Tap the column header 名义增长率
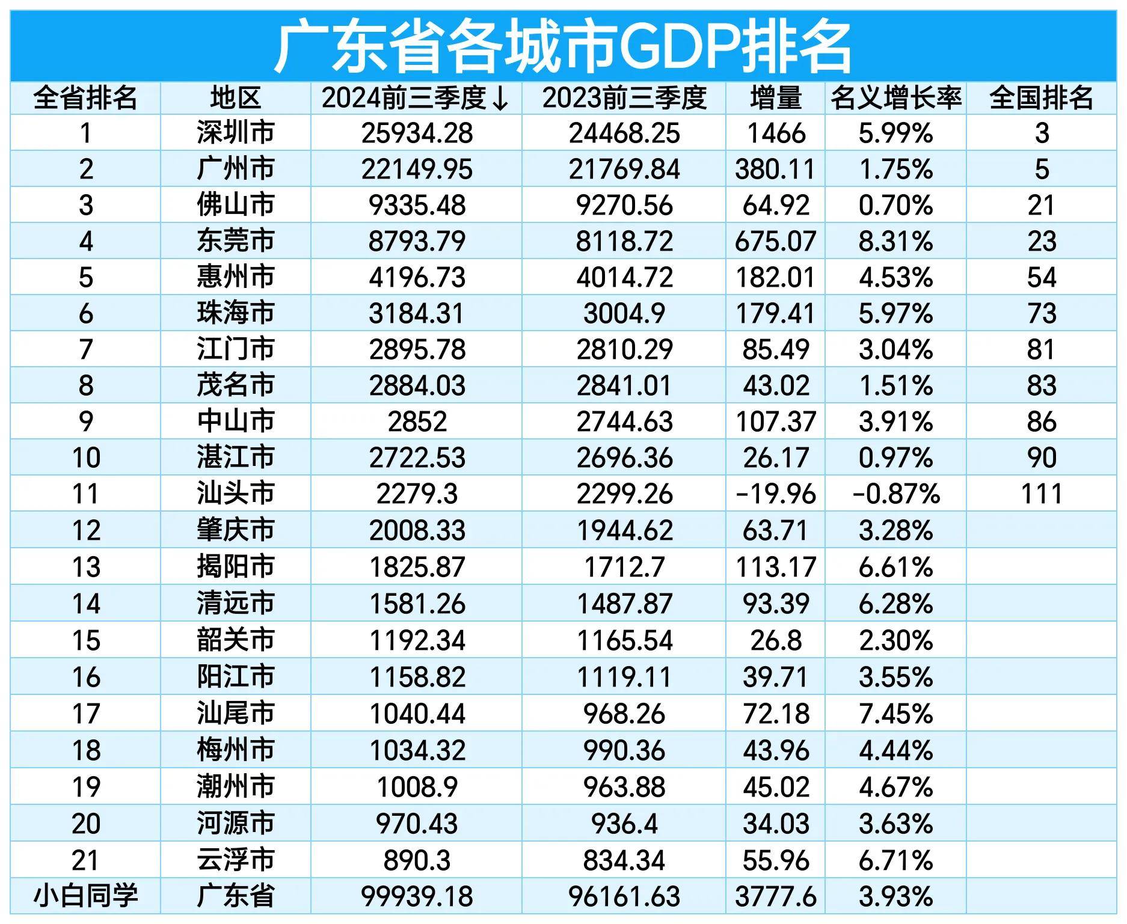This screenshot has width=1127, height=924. tap(895, 98)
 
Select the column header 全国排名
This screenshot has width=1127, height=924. tap(1041, 98)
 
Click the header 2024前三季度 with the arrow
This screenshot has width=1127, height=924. tap(416, 98)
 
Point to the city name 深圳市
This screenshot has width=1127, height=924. tap(235, 133)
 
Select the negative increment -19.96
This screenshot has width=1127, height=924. tap(775, 494)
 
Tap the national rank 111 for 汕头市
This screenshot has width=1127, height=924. tap(1041, 494)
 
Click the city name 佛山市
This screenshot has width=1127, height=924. tap(235, 205)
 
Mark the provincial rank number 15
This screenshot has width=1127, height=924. tap(85, 640)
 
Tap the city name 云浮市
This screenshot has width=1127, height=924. tap(235, 860)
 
